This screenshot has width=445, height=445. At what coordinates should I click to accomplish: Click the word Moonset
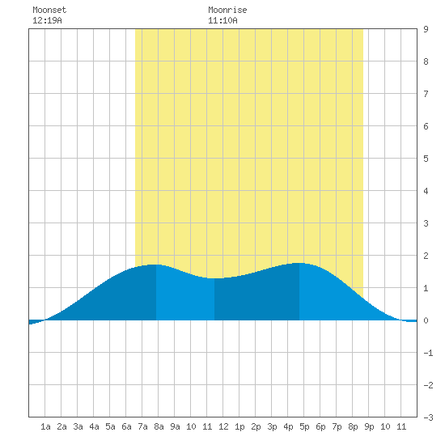coord(49,10)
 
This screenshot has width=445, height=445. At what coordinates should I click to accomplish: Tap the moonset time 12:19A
coord(47,20)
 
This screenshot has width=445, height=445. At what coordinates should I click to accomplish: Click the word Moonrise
coord(227,10)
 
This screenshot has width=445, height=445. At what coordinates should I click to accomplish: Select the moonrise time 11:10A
coord(222,20)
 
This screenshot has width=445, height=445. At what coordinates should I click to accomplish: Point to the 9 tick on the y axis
coord(426,29)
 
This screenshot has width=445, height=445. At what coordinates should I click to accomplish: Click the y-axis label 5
coord(426,159)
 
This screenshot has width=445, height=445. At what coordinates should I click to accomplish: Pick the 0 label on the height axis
coord(426,320)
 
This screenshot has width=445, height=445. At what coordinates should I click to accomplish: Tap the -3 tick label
coord(428,417)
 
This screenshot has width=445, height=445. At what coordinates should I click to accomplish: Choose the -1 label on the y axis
coord(428,353)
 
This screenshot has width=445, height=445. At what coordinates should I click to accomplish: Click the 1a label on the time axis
coord(45,426)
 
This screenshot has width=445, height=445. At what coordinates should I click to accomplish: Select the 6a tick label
coord(126,426)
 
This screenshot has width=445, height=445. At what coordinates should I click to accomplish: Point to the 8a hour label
coord(159,426)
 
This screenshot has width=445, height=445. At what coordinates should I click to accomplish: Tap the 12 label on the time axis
coord(223,426)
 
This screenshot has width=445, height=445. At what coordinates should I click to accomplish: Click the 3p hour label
coord(272,426)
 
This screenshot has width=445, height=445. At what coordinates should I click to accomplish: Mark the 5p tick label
coord(304,426)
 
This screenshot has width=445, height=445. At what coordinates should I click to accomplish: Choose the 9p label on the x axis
coord(369,426)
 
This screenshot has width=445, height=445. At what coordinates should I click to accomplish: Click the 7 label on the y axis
coord(426,94)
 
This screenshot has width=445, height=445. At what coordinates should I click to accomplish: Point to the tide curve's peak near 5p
coord(299,263)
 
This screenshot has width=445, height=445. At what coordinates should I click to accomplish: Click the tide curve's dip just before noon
coord(214,278)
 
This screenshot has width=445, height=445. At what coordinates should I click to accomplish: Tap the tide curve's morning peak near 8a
coord(156,265)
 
